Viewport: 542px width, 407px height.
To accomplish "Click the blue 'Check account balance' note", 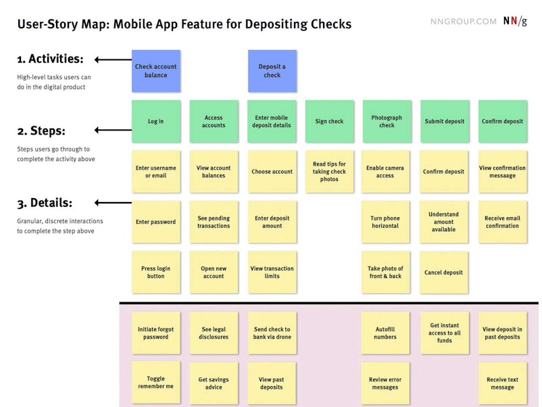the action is pos(156,71).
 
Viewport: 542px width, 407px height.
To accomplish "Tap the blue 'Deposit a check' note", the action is pos(272,71).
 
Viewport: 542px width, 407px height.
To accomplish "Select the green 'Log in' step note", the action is pos(156,122).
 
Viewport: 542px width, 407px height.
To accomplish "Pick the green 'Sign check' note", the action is pos(329,122).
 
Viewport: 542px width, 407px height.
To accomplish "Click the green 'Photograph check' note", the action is pos(387,122).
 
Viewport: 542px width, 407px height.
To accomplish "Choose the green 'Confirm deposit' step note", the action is pos(503,122).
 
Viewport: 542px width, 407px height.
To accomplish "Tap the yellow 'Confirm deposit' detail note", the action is pos(444,172).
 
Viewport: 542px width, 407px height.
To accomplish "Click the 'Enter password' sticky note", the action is pos(156,222).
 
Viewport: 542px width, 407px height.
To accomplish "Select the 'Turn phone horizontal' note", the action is pos(385,222).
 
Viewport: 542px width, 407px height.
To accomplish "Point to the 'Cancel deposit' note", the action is pos(444,272).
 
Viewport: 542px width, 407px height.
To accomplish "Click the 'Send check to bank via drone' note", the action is pos(272,333).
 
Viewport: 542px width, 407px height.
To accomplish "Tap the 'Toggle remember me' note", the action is pos(156,383).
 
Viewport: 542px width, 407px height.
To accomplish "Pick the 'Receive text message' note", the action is pos(503,383).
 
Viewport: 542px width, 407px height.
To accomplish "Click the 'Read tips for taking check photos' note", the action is pos(329,172).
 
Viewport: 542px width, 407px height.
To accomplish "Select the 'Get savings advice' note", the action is pos(214,383).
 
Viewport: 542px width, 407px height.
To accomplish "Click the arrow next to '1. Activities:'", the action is pos(113,59).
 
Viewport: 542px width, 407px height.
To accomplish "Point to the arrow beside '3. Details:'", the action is pos(113,203).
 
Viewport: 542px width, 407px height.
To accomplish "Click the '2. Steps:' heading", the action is pos(41,130).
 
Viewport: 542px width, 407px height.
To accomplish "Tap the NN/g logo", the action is pos(515,21).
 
